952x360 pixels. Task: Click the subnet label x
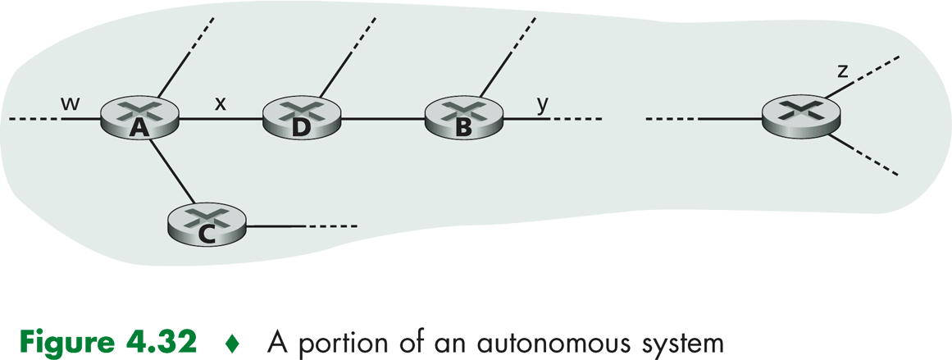tap(220, 103)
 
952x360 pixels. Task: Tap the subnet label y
tap(541, 104)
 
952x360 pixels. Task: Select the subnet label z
tap(842, 71)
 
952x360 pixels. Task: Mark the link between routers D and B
tap(381, 121)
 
